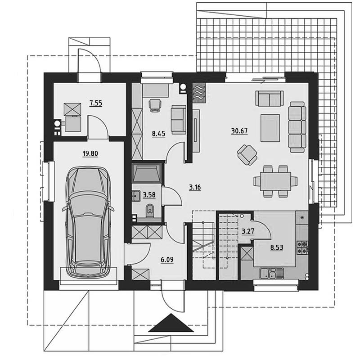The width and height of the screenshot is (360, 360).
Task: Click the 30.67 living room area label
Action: [x=239, y=131]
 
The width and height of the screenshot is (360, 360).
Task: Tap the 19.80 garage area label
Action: [x=90, y=153]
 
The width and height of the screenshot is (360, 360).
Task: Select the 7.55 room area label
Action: [x=96, y=103]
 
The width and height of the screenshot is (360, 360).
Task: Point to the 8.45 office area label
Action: [x=158, y=134]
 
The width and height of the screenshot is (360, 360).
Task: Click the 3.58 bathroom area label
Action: [x=149, y=195]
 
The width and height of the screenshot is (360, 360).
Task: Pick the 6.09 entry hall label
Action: [x=167, y=260]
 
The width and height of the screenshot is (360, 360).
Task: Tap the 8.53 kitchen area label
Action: [x=276, y=247]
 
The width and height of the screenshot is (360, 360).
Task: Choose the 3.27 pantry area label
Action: [x=248, y=231]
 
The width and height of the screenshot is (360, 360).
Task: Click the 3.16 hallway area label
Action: [x=195, y=187]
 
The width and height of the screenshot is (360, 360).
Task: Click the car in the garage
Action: [x=88, y=222]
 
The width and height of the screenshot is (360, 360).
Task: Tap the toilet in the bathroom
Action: [x=150, y=211]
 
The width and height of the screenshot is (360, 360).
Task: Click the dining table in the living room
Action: [x=275, y=181]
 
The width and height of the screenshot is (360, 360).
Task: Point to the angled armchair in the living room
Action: [x=247, y=155]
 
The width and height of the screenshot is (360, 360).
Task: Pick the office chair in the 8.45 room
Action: [x=155, y=105]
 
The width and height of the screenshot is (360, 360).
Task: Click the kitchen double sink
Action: [x=271, y=273]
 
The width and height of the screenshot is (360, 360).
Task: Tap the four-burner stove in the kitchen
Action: [x=302, y=247]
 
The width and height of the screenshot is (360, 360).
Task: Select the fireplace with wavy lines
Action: [x=199, y=92]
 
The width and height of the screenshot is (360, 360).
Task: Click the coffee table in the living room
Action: [x=270, y=128]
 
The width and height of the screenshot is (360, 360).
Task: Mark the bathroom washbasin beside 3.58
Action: [x=136, y=196]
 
